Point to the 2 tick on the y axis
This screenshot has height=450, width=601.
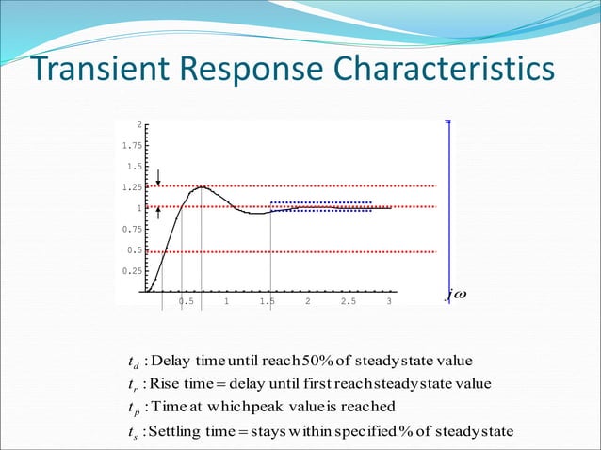[139, 125]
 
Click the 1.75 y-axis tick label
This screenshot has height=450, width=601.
[133, 146]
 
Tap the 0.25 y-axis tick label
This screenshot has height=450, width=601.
[133, 271]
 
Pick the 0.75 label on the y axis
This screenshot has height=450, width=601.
[133, 230]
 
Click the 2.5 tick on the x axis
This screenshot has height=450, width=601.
[348, 301]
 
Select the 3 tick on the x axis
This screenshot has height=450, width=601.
[389, 301]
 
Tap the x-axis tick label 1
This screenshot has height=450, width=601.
[226, 301]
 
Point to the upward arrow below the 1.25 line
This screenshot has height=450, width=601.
[159, 214]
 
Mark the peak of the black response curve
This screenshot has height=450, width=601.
[202, 186]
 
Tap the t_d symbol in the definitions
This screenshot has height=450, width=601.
[132, 362]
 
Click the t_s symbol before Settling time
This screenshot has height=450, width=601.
[132, 432]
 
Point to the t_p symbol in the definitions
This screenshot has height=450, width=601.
[132, 409]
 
